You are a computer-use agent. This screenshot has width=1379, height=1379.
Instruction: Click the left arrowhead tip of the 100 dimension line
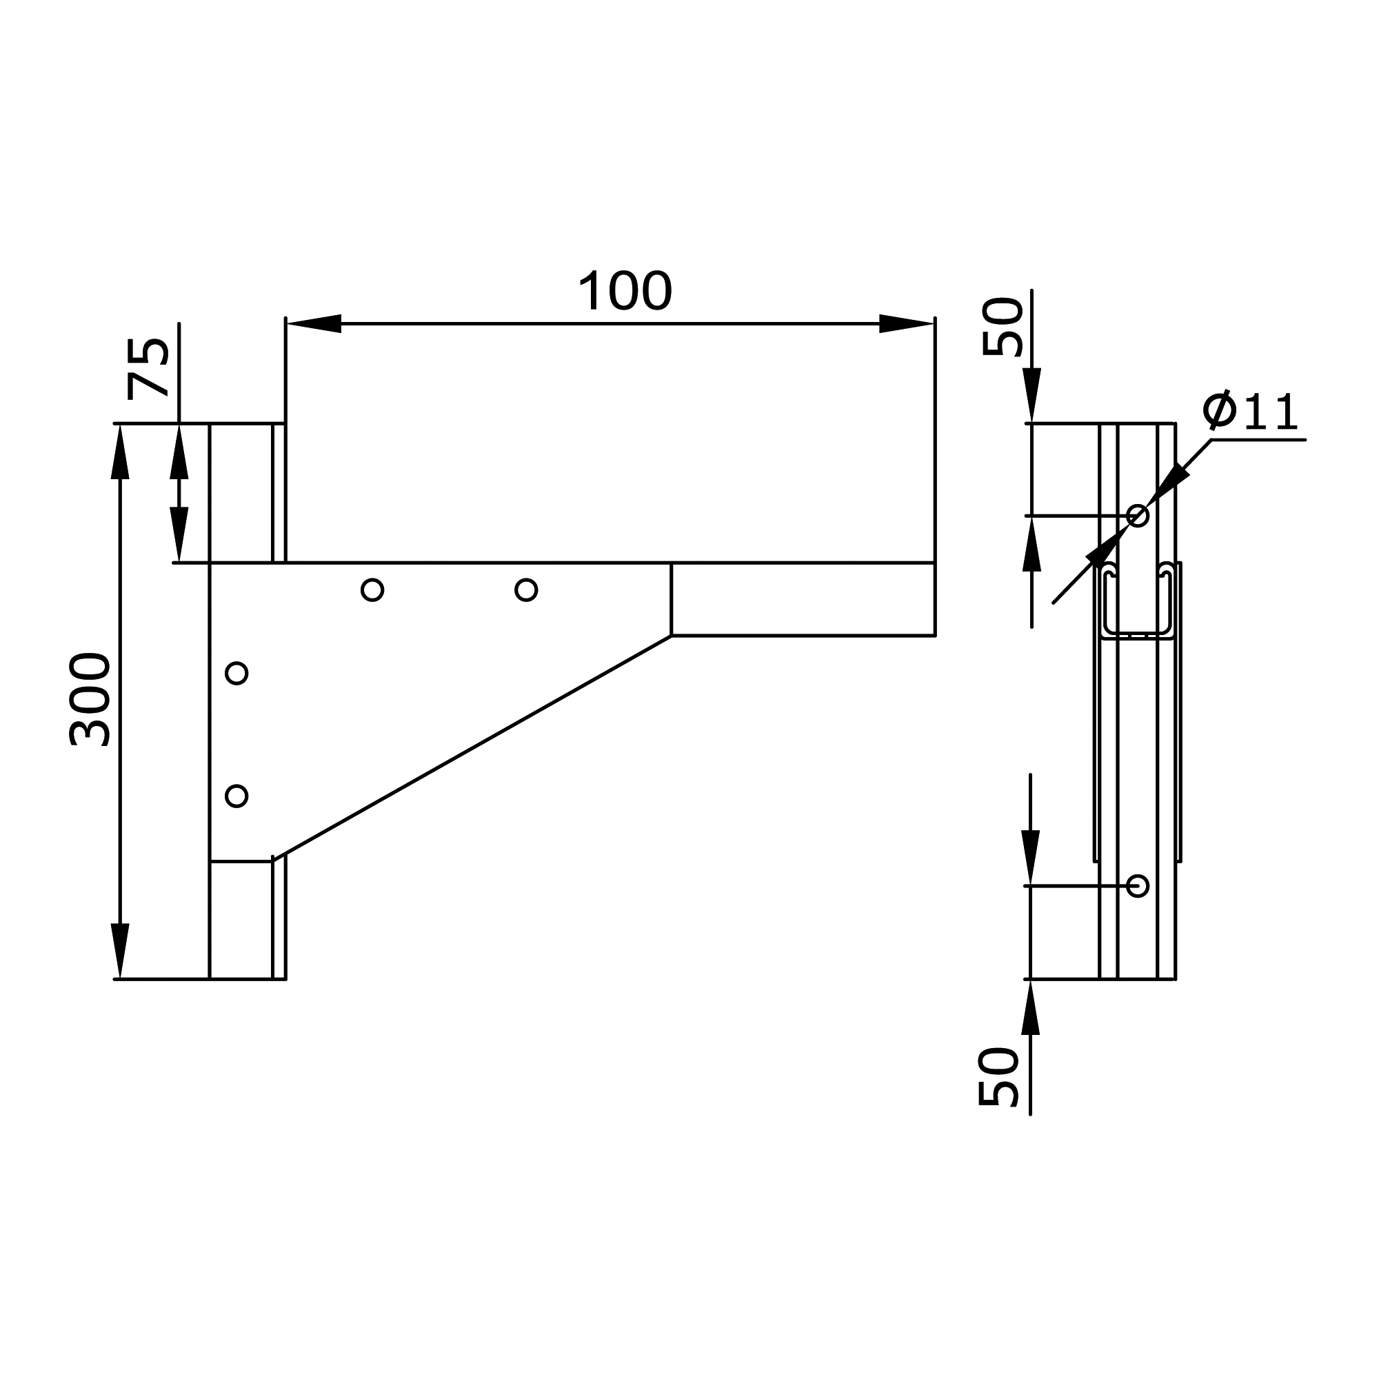[286, 323]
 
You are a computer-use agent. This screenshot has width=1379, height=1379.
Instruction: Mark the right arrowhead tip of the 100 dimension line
[934, 323]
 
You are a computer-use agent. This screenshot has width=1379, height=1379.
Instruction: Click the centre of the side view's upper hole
[1138, 514]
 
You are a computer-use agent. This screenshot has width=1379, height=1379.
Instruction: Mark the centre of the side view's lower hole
[1138, 886]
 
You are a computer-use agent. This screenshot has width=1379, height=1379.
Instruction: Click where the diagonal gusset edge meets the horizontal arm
[671, 635]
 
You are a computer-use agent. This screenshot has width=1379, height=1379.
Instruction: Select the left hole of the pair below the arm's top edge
[372, 590]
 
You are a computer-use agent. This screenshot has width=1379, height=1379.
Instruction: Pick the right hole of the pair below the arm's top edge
[526, 590]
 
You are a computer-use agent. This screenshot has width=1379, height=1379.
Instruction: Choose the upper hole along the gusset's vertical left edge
[236, 673]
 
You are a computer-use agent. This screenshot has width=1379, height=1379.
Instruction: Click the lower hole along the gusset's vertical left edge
[236, 796]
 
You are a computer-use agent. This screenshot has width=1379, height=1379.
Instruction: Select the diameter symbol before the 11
[1219, 410]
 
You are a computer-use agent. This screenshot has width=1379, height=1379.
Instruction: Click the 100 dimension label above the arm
[625, 291]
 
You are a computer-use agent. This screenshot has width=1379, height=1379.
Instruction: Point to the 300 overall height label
[90, 699]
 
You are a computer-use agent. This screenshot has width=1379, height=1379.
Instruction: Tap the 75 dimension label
[148, 368]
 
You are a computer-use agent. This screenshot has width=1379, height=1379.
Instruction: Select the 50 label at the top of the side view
[1003, 327]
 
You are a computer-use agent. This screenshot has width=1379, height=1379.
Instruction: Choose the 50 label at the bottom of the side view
[998, 1077]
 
